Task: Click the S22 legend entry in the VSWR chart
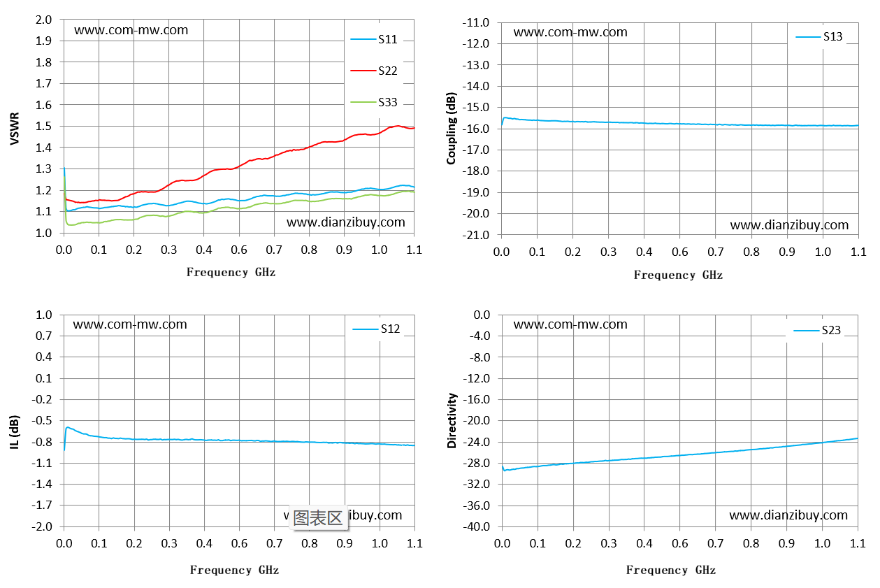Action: tap(374, 71)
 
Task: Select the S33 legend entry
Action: tap(374, 102)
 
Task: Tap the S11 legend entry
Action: tap(374, 39)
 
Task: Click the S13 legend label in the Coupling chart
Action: tap(832, 36)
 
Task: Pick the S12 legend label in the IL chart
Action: tap(390, 329)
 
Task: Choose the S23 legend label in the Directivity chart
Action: tap(831, 330)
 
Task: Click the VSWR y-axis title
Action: tap(15, 129)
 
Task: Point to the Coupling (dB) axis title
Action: tap(451, 128)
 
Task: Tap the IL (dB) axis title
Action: tap(15, 432)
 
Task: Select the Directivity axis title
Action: tap(452, 421)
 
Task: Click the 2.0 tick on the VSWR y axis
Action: tap(43, 20)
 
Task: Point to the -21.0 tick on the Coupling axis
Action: tap(476, 235)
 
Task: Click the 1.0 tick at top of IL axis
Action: tap(44, 315)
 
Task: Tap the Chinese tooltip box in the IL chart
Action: tap(318, 518)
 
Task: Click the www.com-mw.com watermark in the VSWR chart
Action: tap(131, 30)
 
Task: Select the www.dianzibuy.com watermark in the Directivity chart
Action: tap(788, 515)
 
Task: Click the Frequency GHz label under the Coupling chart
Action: tap(678, 275)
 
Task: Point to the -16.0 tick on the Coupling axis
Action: tap(476, 129)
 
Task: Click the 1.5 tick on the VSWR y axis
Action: tap(43, 126)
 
